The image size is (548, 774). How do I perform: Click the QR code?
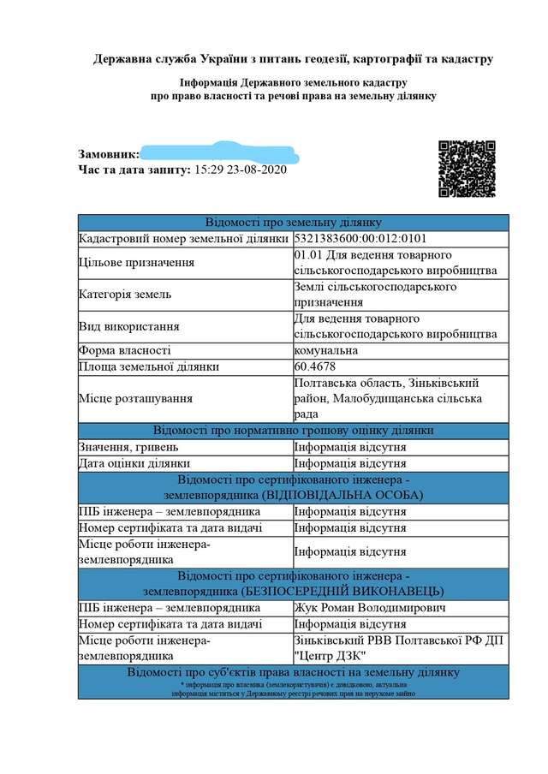click(467, 169)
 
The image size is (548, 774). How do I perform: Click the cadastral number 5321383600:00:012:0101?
click(360, 239)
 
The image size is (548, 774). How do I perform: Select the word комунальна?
click(325, 350)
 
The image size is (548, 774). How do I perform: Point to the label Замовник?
click(109, 154)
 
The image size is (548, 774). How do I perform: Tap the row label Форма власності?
click(124, 350)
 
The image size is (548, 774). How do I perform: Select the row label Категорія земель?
click(125, 295)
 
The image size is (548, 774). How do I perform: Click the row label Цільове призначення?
click(135, 263)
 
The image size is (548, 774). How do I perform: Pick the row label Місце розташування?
click(134, 398)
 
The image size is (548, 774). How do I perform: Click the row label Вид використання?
click(128, 326)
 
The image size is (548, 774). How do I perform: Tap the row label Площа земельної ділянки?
click(148, 366)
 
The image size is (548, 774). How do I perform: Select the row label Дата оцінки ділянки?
click(134, 463)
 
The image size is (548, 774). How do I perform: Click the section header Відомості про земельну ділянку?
click(293, 223)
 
